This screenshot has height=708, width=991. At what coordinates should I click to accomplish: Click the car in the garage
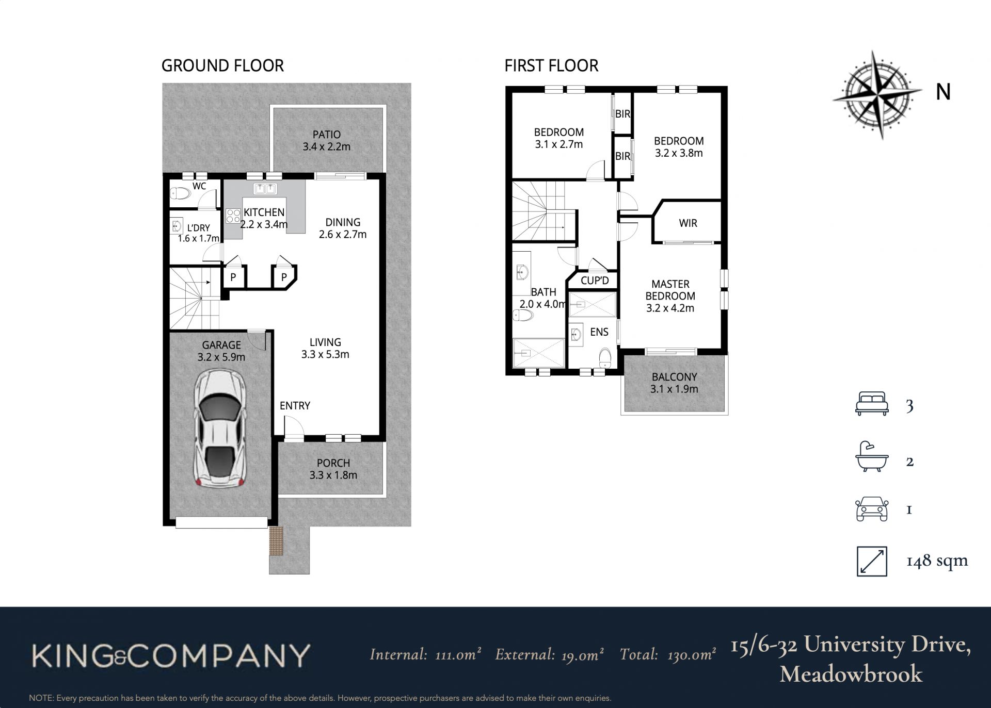pos(220,429)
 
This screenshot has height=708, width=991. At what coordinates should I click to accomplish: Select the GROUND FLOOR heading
pos(222,65)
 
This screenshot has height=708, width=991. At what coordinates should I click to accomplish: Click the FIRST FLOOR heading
pos(551,65)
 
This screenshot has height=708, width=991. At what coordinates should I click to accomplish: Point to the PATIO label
pos(326,134)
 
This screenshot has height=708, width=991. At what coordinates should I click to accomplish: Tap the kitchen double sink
pos(265,188)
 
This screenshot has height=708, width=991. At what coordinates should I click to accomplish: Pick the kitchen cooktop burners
pos(233,216)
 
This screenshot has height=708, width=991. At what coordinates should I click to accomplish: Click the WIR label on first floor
pos(688,223)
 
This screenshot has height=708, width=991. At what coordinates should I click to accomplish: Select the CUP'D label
pos(595,281)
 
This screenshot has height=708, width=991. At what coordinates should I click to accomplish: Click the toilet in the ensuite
pos(605,357)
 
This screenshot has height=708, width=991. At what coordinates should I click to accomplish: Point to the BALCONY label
pos(674,377)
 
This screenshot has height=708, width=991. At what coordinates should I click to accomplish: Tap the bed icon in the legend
pos(872,404)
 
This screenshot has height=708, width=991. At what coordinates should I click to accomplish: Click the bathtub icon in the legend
pos(872,456)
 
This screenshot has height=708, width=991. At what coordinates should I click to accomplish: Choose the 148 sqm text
pos(937,561)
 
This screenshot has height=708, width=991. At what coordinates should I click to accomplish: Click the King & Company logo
pos(171,655)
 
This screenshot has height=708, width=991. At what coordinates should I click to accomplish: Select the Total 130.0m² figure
pos(667,654)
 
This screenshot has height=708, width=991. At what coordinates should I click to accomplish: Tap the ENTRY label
pos(295,406)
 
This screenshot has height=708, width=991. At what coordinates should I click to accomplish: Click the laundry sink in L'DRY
pos(177,226)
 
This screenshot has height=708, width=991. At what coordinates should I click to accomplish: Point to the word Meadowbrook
pos(851,673)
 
